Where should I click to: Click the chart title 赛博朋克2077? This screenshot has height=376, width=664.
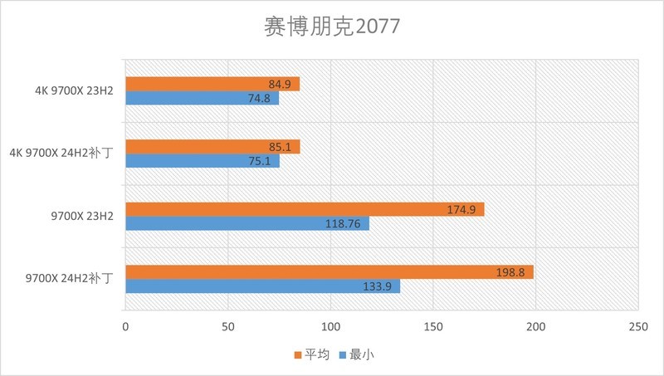point(331,27)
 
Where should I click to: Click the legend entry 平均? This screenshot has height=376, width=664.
point(313,354)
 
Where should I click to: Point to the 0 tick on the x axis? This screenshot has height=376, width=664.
point(125,327)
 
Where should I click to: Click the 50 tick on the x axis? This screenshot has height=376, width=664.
point(228,327)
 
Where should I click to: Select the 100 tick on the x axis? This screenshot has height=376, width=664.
point(330,327)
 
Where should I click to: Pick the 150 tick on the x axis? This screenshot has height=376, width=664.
point(432,327)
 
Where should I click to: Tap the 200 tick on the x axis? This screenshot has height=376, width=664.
point(535,327)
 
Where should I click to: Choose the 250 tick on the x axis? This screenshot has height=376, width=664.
point(637,327)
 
